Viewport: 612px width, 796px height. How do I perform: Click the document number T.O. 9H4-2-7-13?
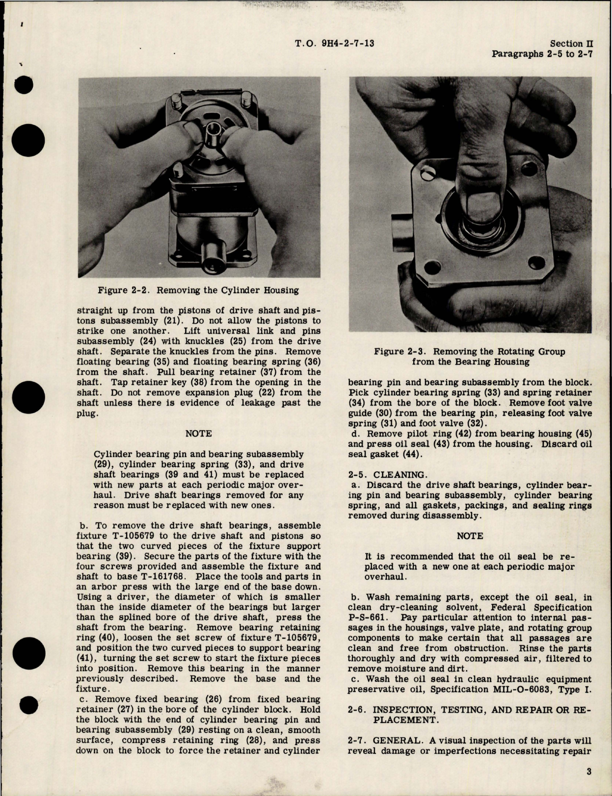tap(335, 44)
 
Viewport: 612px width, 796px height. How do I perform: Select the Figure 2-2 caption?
tap(198, 290)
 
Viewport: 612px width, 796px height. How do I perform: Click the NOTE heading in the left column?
tap(199, 434)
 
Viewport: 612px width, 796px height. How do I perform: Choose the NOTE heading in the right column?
tap(470, 536)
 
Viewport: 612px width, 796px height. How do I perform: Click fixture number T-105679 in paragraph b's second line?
tap(136, 536)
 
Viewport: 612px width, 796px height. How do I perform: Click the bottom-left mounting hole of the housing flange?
tap(430, 269)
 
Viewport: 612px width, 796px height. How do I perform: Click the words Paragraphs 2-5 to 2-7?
tap(542, 54)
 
